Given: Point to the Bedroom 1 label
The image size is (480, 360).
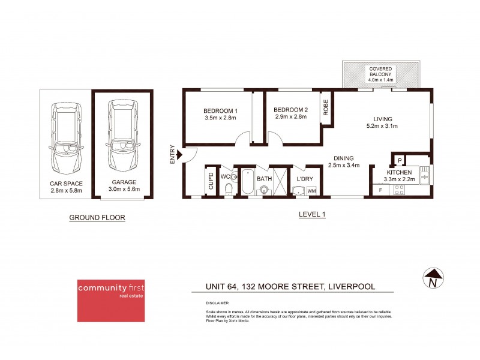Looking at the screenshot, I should click(x=220, y=110).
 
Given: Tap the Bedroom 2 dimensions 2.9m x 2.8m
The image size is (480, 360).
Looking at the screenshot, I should click(x=290, y=117).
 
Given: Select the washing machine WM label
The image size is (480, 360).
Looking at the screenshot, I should click(x=311, y=191).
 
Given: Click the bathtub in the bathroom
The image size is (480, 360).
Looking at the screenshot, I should click(x=248, y=182).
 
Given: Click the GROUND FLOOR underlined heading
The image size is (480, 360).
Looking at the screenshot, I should click(x=97, y=218).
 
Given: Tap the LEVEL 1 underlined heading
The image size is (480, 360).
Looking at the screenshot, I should click(x=311, y=214).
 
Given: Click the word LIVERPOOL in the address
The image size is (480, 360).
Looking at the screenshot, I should click(x=350, y=287).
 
